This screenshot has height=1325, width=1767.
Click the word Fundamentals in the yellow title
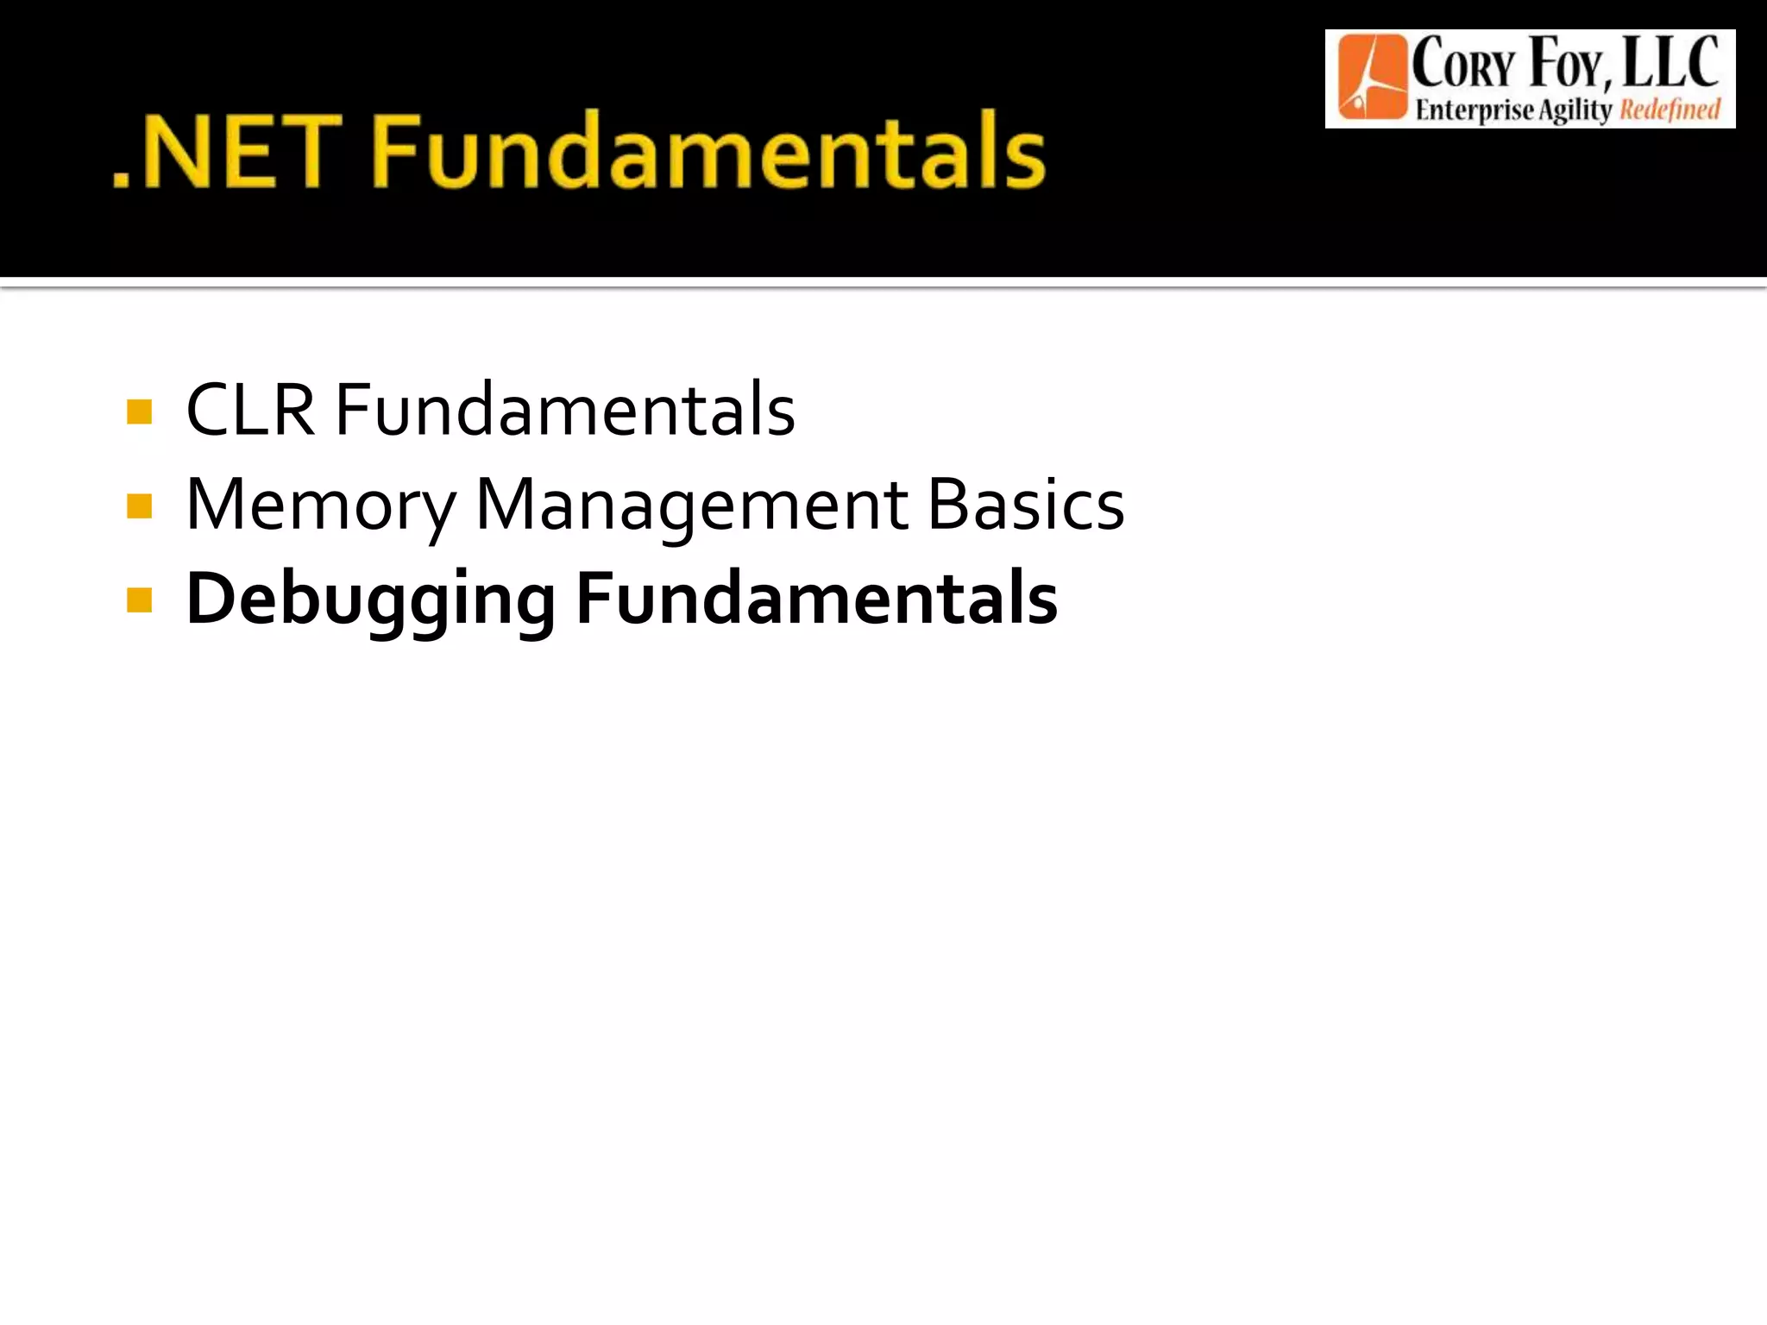click(709, 152)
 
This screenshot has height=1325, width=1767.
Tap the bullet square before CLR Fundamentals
click(139, 411)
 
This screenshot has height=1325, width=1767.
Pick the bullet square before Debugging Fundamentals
click(139, 600)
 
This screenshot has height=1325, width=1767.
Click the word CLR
click(250, 411)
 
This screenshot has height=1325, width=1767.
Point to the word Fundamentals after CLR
click(565, 411)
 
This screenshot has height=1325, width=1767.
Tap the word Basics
click(1026, 506)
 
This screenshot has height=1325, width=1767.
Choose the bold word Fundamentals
click(816, 599)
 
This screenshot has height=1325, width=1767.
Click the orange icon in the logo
click(1371, 78)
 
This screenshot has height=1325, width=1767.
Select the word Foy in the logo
click(1569, 65)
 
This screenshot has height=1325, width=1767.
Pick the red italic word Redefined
click(1670, 110)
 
